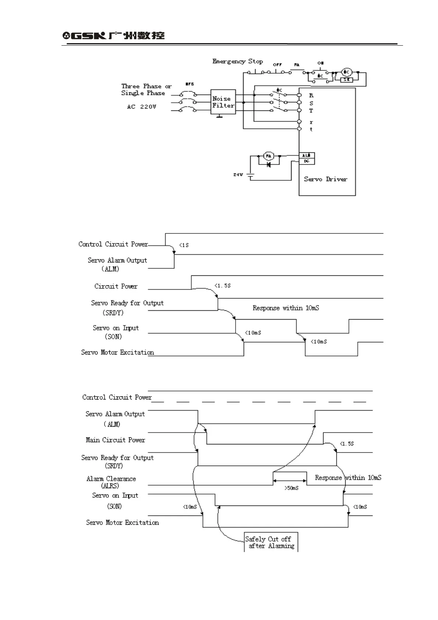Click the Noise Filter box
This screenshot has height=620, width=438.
223,102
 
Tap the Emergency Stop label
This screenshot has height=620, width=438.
237,61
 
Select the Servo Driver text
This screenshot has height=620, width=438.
325,179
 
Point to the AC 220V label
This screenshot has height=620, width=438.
142,107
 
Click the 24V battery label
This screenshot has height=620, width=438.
238,175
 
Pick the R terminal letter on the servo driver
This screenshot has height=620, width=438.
311,95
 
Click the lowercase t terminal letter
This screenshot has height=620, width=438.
311,129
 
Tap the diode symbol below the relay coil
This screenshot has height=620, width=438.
269,165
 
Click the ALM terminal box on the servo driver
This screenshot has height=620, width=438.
307,155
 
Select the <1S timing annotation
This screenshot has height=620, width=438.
184,245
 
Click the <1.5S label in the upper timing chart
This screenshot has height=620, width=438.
223,286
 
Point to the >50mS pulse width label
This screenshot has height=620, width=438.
291,488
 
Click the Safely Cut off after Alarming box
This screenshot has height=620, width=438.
271,542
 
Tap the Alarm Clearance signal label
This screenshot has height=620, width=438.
111,482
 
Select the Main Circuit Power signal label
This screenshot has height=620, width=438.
115,440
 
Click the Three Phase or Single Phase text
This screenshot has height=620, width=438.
146,89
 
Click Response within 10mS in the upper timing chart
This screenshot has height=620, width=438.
286,308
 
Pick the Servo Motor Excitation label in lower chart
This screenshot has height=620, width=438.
122,522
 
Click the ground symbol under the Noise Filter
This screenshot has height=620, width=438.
220,117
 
